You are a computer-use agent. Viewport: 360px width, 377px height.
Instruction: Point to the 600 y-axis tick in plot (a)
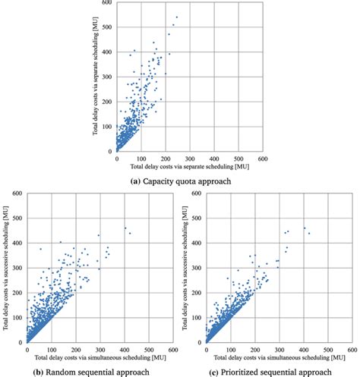point(109,4)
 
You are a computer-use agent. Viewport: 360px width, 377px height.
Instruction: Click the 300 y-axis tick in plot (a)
point(109,78)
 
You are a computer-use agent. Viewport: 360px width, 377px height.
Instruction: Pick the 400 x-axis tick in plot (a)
point(213,159)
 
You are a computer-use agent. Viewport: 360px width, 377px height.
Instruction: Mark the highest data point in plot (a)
point(177,17)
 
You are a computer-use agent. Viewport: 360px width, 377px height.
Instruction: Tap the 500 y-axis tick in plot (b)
point(17,218)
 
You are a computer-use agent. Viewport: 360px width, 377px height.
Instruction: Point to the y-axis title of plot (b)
point(6,268)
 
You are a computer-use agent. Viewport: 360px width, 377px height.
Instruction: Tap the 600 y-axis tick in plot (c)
point(197,194)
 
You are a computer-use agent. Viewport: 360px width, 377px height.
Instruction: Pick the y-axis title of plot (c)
point(186,268)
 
